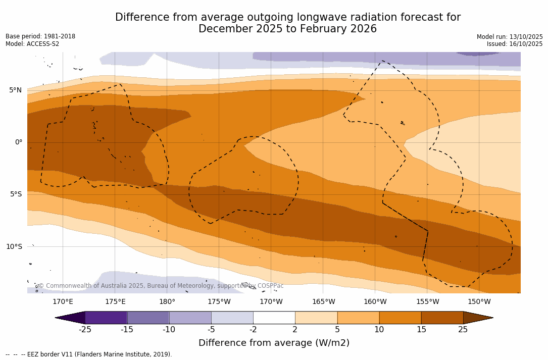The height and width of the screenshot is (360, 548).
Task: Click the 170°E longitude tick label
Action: click(x=63, y=302)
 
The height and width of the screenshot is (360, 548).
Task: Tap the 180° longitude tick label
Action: click(x=167, y=302)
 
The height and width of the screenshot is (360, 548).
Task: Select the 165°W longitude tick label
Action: click(x=323, y=302)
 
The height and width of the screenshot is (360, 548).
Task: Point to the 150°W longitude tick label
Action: click(x=479, y=302)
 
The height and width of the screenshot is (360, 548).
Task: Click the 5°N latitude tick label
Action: click(x=15, y=90)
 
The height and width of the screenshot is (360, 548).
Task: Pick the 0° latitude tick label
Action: click(x=18, y=142)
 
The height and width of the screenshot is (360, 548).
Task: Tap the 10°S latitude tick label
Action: click(x=14, y=247)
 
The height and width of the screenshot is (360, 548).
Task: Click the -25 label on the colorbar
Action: click(x=85, y=330)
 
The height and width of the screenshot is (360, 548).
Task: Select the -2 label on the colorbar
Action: click(x=253, y=330)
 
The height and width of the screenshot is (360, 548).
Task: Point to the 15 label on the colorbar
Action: click(x=421, y=330)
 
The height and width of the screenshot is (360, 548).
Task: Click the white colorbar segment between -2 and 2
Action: click(x=274, y=318)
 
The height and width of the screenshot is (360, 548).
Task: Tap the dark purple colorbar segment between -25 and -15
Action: click(x=106, y=318)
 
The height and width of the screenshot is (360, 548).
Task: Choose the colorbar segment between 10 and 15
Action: click(x=400, y=318)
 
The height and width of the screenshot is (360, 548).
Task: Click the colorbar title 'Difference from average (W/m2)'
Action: click(x=274, y=343)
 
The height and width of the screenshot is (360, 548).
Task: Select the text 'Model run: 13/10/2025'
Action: click(x=510, y=37)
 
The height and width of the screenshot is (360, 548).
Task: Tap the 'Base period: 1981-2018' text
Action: click(x=40, y=36)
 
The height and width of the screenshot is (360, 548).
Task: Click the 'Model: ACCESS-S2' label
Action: click(x=32, y=44)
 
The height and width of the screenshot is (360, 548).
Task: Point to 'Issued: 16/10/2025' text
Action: click(x=515, y=44)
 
